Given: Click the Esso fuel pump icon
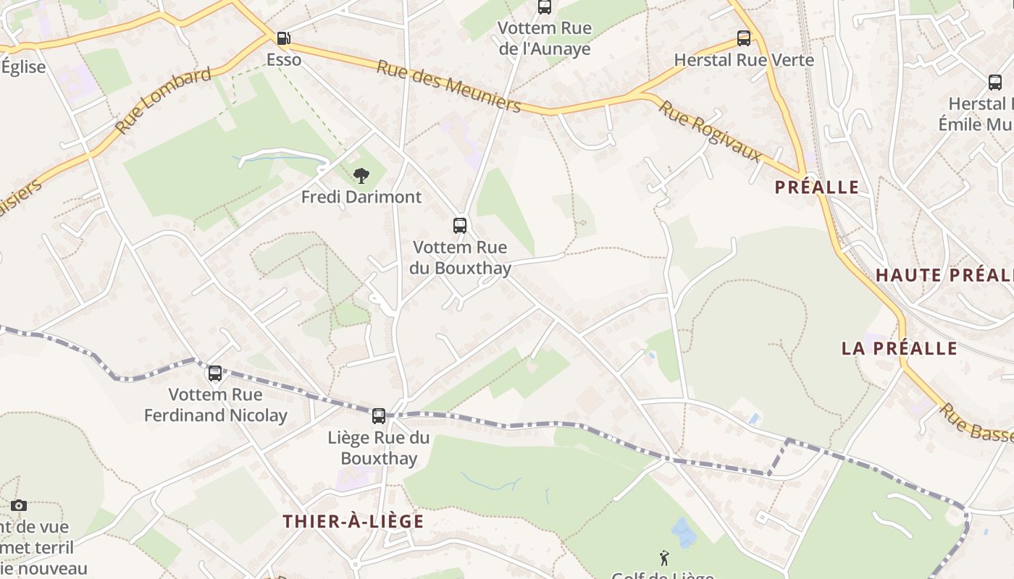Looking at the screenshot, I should (284, 38).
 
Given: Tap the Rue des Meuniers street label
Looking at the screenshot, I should (448, 86).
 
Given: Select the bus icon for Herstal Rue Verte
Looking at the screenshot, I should (744, 38).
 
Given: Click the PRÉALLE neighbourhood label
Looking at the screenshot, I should (817, 187).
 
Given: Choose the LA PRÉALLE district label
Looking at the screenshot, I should (900, 348).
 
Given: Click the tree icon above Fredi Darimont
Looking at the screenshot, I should (361, 175).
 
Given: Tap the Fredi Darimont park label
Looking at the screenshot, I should (361, 197).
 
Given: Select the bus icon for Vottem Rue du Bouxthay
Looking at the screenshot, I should (460, 226).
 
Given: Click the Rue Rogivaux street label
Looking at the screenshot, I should (711, 130).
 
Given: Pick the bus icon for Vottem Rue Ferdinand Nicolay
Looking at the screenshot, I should (215, 373).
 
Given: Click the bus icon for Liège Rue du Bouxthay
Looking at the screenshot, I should (379, 416).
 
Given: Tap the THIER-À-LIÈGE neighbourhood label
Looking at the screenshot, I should (353, 521).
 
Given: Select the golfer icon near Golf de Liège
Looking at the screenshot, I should (664, 558).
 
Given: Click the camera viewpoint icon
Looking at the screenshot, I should (19, 506).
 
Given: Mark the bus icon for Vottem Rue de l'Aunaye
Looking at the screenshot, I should (545, 7).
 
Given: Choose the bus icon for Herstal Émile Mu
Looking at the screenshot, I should (995, 83).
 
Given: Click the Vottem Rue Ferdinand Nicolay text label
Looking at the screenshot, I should (216, 405).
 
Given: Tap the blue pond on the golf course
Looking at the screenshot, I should (684, 533).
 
